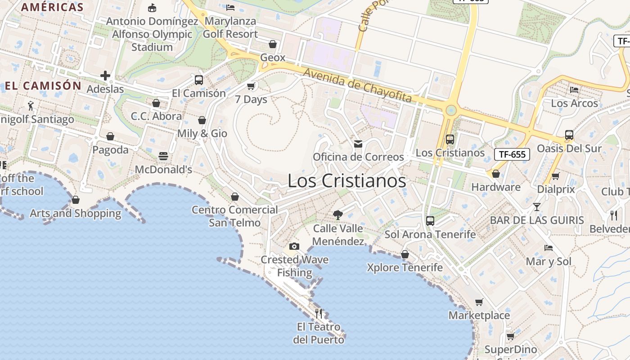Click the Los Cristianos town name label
346,181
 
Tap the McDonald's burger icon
163,156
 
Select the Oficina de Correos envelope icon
358,144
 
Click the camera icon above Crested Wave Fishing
294,246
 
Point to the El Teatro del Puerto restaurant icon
319,313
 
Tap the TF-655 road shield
512,154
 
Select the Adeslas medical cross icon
105,76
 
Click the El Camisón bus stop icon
199,80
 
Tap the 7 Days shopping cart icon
251,86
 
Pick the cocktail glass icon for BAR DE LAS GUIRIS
536,207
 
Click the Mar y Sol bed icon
549,248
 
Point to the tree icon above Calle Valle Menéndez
337,215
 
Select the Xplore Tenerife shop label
405,267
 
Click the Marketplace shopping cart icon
479,302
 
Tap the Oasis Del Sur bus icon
569,135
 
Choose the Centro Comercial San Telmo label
235,216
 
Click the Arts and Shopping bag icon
76,200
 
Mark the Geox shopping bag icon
273,44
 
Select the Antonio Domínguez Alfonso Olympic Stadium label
152,34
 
